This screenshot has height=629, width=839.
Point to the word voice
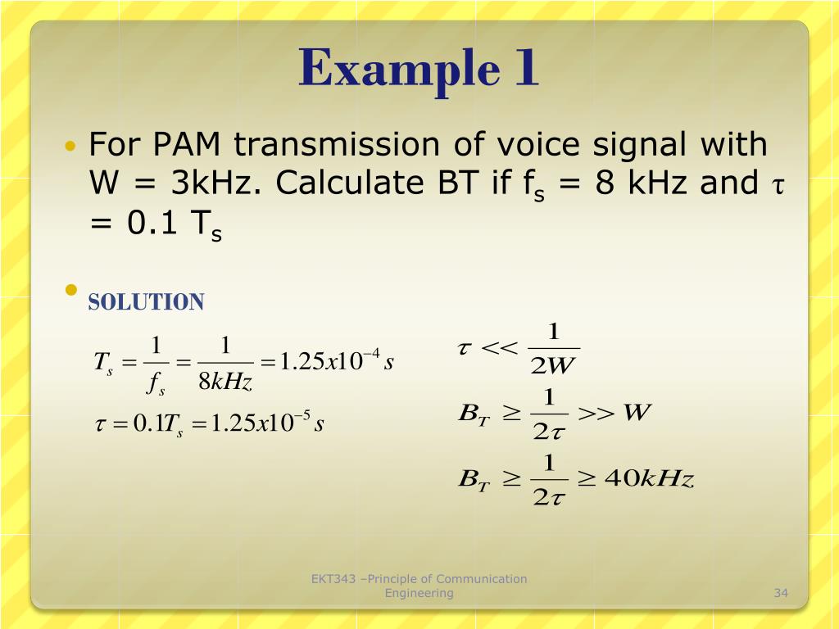pyautogui.click(x=507, y=146)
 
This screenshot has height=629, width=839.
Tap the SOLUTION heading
pyautogui.click(x=146, y=302)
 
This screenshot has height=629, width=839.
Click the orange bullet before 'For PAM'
pyautogui.click(x=70, y=147)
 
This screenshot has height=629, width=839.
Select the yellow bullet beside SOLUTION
pyautogui.click(x=71, y=290)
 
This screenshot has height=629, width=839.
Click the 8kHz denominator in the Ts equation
pyautogui.click(x=225, y=382)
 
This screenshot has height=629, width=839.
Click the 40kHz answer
pyautogui.click(x=648, y=479)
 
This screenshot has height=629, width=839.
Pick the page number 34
pyautogui.click(x=780, y=593)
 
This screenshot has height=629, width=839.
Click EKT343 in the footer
pyautogui.click(x=333, y=579)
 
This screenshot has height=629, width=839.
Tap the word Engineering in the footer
pyautogui.click(x=419, y=593)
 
